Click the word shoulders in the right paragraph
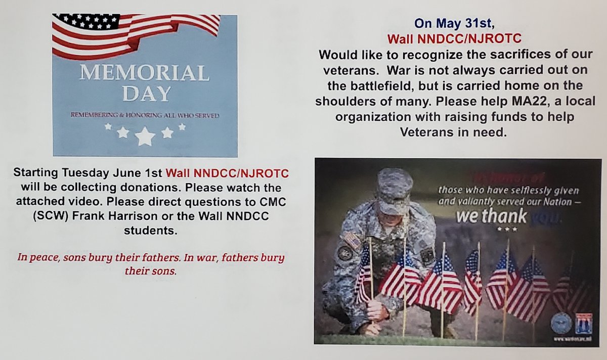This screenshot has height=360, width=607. click(x=340, y=100)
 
